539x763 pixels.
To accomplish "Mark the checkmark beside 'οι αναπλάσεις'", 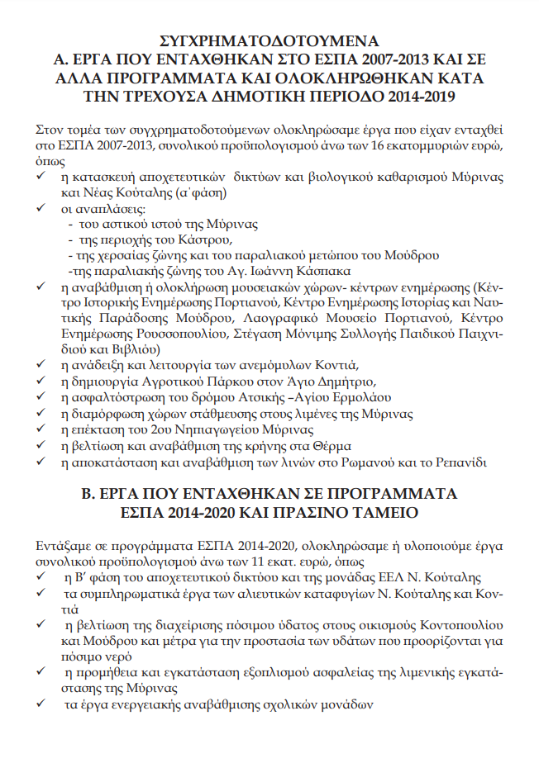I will [41, 208].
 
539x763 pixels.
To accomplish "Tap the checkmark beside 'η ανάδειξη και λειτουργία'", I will [41, 365].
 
